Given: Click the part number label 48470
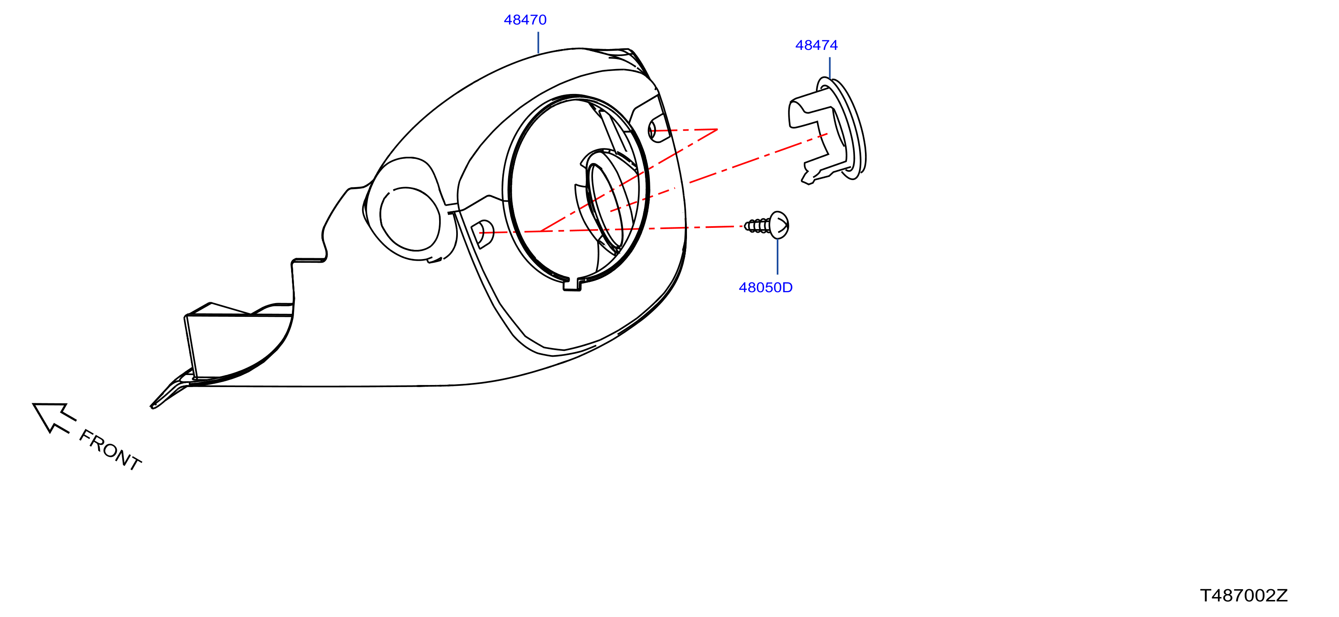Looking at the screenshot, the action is [x=525, y=20].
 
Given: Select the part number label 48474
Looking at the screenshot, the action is [x=817, y=45].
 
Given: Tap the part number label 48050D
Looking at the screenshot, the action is [x=766, y=287].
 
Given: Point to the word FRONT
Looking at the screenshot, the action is [x=110, y=450].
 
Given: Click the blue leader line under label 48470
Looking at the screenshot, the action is [x=538, y=43].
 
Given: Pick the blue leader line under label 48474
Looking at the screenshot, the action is [x=830, y=68].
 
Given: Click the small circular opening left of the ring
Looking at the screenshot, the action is [x=410, y=219].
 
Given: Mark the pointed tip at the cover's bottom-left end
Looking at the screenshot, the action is [x=152, y=407].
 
